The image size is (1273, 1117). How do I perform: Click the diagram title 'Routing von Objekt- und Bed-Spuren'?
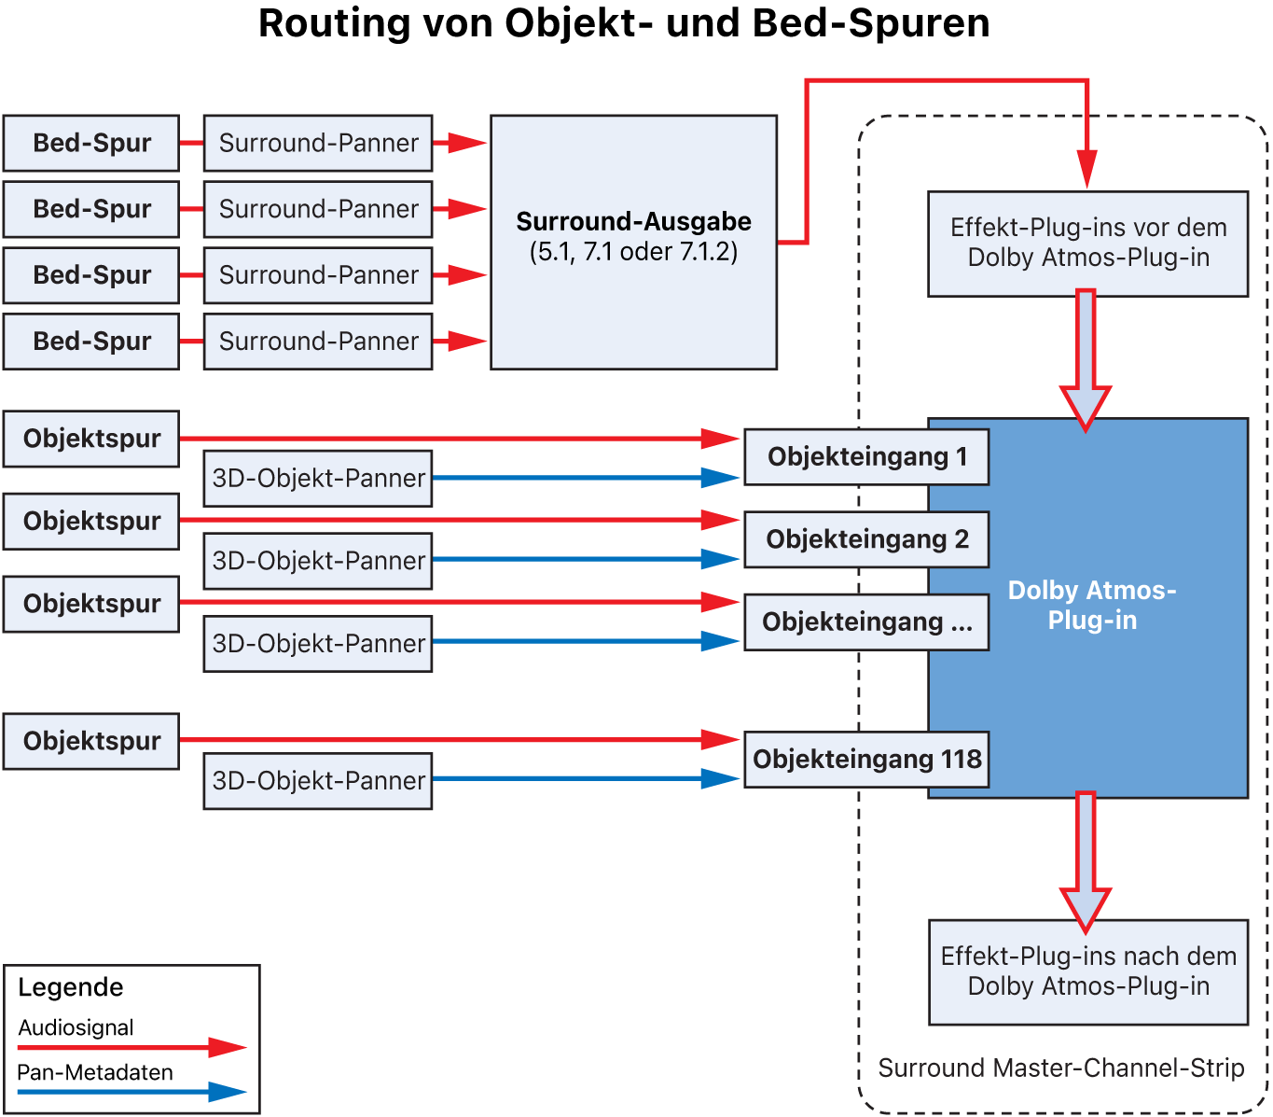point(624,23)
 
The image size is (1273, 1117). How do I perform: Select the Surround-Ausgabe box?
point(633,299)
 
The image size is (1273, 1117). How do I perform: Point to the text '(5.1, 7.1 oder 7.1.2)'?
point(633,252)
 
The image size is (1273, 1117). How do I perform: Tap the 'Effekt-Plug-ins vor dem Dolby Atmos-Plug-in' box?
point(1087,244)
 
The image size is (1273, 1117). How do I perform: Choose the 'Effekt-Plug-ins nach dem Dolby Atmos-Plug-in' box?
point(1087,971)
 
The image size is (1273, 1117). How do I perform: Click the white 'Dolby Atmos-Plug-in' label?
point(1091,605)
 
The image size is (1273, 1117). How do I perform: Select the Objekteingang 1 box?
point(866,457)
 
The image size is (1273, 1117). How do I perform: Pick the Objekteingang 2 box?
point(866,539)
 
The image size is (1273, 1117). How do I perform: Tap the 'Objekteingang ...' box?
point(866,621)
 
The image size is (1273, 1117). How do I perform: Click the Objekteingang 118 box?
point(866,759)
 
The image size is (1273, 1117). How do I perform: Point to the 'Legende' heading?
point(71,987)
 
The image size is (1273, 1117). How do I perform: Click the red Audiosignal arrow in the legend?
point(131,1047)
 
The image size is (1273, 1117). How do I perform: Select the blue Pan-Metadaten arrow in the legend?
point(131,1092)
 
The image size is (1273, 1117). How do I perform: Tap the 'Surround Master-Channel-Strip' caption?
point(1061,1068)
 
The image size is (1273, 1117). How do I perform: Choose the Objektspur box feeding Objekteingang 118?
point(91,741)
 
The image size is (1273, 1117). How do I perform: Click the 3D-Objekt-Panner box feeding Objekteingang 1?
point(318,478)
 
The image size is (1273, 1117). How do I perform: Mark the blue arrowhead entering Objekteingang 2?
point(721,559)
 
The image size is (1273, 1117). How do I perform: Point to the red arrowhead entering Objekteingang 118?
point(721,739)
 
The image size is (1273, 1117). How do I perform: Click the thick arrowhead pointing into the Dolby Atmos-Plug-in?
point(1086,406)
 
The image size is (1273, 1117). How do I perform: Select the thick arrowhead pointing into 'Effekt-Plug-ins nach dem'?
point(1086,907)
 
